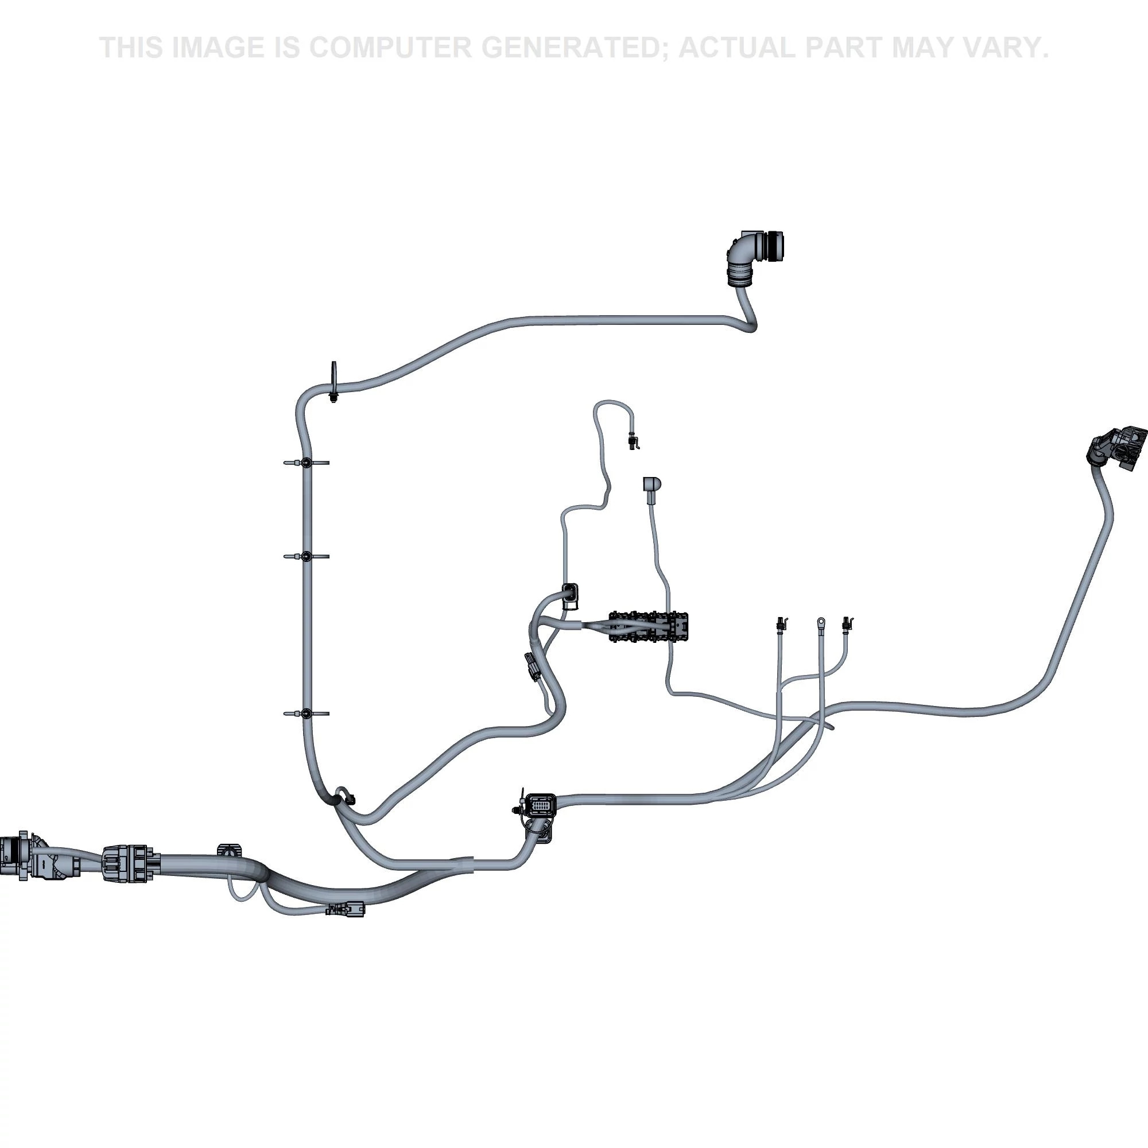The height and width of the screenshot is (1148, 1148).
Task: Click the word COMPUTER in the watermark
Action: [390, 48]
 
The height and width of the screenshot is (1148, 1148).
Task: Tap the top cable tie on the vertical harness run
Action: [306, 462]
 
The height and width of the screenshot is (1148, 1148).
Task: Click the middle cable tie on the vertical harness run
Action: [306, 556]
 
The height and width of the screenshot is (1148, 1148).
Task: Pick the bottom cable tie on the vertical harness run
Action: [306, 713]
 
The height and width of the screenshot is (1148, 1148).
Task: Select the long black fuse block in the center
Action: [649, 626]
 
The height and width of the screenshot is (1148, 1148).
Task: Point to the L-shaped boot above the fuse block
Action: [651, 485]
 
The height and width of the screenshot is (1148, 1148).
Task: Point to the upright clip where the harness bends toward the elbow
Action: [334, 382]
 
